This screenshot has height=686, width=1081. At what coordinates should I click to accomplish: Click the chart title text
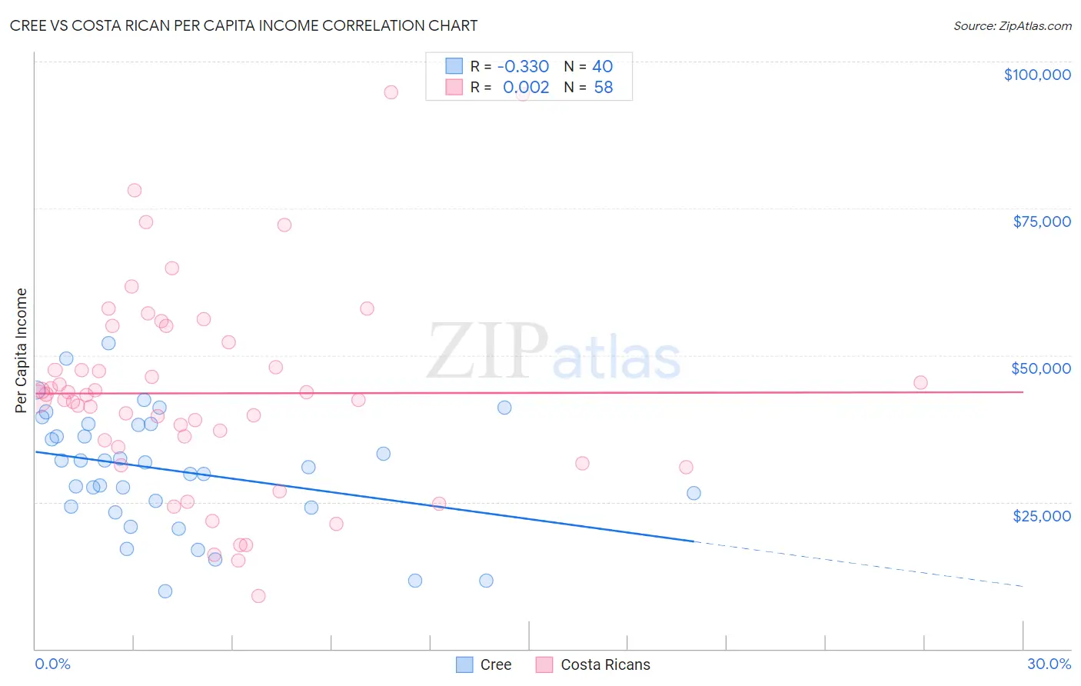[244, 25]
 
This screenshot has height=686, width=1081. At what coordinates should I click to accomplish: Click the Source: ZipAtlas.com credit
[1012, 25]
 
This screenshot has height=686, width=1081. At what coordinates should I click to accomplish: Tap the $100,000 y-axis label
[1036, 75]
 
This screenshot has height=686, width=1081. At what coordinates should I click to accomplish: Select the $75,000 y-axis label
[1041, 221]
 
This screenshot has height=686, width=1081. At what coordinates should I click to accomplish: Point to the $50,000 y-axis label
[1040, 368]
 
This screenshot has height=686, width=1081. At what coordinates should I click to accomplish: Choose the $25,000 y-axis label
[1041, 516]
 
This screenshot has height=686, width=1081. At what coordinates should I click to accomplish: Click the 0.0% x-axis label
[52, 664]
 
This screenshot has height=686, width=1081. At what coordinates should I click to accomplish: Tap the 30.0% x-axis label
[1049, 664]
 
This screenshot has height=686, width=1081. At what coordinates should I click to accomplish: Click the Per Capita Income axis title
[22, 350]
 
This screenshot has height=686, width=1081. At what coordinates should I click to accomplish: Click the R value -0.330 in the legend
[523, 66]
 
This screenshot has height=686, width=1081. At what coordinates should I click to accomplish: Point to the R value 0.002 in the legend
[526, 88]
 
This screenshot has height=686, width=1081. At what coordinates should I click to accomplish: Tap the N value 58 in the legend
[604, 88]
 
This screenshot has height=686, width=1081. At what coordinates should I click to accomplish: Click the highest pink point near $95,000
[391, 92]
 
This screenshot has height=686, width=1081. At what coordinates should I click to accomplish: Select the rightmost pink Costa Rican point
[920, 382]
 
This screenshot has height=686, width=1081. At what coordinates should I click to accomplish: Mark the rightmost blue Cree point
[694, 493]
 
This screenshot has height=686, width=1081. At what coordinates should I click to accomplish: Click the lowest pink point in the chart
[258, 596]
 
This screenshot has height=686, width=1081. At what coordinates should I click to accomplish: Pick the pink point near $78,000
[135, 190]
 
